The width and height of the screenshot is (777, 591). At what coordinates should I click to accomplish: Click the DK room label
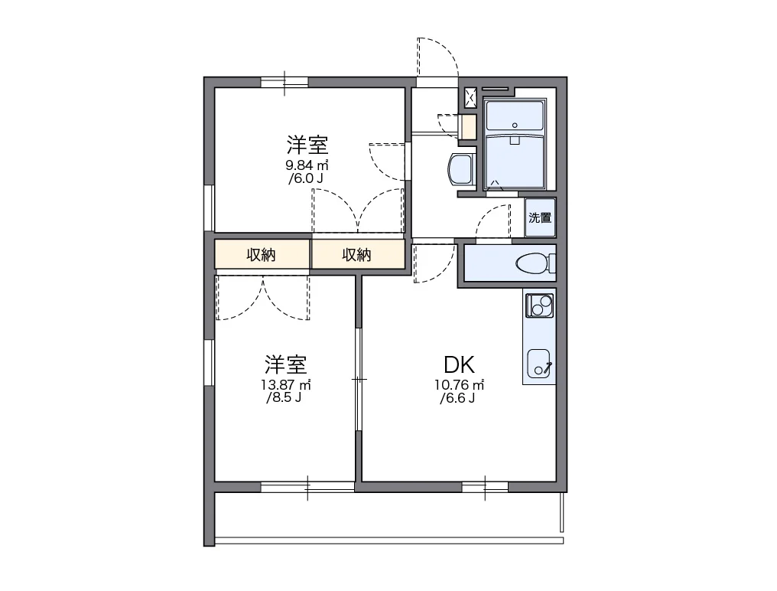click(x=459, y=365)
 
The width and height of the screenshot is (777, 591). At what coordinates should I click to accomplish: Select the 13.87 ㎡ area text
click(x=286, y=384)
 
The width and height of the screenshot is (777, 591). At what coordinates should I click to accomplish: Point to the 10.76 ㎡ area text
click(x=460, y=384)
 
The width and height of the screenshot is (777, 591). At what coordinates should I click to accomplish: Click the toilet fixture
click(x=535, y=263)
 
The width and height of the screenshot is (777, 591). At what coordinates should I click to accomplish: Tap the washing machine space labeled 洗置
click(x=540, y=217)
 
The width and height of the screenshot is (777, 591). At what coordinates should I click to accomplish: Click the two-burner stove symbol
click(x=540, y=305)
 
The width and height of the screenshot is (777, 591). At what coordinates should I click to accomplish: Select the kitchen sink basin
click(x=539, y=363)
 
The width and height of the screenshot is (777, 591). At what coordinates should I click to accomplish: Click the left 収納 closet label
click(x=261, y=255)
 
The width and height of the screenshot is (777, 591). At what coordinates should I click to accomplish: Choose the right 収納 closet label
click(x=357, y=255)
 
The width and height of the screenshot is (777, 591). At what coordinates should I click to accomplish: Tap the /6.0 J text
click(x=306, y=178)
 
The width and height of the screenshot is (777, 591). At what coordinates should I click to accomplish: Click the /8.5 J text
click(x=284, y=398)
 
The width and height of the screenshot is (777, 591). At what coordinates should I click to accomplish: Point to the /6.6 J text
click(x=457, y=398)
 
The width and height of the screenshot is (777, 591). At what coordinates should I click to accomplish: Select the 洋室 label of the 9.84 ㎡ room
click(x=307, y=145)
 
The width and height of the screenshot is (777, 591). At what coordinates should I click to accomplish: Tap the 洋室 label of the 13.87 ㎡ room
click(x=286, y=364)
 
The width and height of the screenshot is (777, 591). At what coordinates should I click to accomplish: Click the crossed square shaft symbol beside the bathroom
click(x=470, y=98)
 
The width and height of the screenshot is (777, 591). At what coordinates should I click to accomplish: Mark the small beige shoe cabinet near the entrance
click(x=469, y=127)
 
